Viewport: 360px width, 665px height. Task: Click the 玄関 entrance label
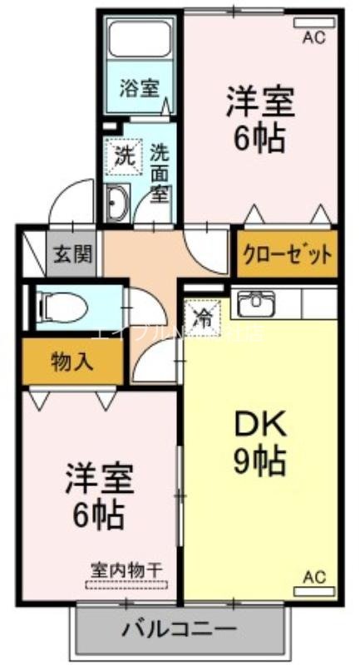coord(74,254)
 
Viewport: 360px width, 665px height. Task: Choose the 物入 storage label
coord(72,362)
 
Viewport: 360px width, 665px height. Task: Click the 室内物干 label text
coord(126,570)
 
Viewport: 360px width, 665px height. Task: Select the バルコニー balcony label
coord(180,628)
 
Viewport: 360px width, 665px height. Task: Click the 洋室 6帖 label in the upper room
coord(260,121)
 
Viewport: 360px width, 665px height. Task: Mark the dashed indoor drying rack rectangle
coord(126,584)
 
